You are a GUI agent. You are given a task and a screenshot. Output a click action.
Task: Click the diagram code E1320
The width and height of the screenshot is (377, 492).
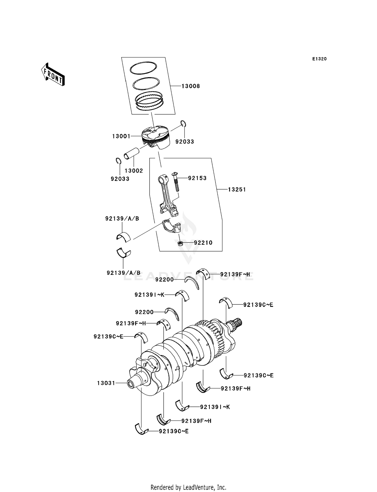pyautogui.click(x=319, y=59)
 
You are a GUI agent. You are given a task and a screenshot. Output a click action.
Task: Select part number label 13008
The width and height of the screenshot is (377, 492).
pyautogui.click(x=191, y=86)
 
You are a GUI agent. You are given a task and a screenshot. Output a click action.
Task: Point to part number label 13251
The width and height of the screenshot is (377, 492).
pyautogui.click(x=237, y=190)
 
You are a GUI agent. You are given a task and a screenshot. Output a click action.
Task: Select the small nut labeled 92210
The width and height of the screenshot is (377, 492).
pyautogui.click(x=180, y=243)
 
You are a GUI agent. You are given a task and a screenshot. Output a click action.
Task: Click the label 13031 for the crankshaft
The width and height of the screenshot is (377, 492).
pyautogui.click(x=106, y=383)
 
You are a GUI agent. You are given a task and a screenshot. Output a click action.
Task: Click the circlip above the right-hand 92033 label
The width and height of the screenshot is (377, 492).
pyautogui.click(x=183, y=124)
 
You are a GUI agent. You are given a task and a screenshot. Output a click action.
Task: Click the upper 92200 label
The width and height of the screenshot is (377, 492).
pyautogui.click(x=164, y=280)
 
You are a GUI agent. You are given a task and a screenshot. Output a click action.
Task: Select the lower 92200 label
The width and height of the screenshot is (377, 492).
pyautogui.click(x=144, y=312)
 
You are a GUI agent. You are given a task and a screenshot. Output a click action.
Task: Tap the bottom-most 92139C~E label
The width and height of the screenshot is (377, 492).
pyautogui.click(x=174, y=431)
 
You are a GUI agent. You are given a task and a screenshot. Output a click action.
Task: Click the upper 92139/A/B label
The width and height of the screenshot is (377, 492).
pyautogui.click(x=122, y=219)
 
